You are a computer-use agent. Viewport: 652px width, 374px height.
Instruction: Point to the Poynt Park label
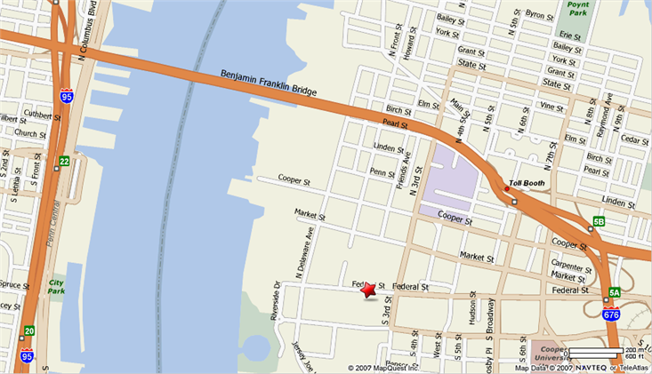[577, 10]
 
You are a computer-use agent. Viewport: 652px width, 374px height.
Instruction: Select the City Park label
[58, 284]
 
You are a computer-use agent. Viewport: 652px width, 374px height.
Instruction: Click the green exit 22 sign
[64, 161]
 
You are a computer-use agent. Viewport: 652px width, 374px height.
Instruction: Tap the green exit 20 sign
[29, 330]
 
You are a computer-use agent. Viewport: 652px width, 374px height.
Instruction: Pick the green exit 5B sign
[599, 222]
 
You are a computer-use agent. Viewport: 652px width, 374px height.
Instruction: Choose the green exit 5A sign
[615, 292]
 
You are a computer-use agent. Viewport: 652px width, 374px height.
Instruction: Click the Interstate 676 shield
[611, 314]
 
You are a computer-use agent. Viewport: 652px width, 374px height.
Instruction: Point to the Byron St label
[540, 14]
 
